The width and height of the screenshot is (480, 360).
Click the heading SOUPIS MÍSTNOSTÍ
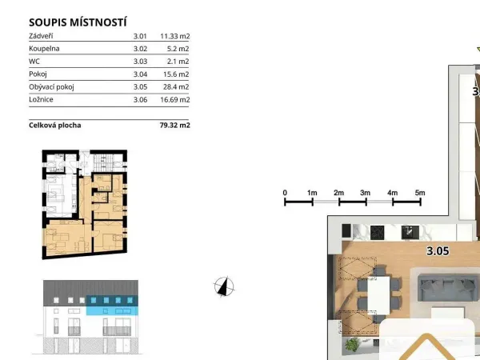point(78,22)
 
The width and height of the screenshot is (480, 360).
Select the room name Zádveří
point(41,36)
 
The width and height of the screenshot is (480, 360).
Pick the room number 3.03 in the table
point(140,62)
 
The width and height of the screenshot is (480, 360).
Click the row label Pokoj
point(38,74)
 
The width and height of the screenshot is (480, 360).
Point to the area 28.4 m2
point(176,86)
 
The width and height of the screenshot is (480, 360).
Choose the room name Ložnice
point(41,99)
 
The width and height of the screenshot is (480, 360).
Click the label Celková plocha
point(55,126)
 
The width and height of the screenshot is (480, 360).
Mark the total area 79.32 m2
point(174,126)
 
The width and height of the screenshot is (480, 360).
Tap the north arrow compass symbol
point(224,287)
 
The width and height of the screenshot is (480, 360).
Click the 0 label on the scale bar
point(285,193)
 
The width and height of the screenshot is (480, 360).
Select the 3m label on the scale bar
point(366,193)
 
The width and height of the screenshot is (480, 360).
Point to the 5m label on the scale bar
point(420,193)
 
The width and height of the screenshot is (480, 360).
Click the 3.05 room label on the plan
point(438,251)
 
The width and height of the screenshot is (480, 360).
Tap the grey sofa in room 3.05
point(447,288)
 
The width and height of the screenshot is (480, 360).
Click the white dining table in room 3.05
point(378,295)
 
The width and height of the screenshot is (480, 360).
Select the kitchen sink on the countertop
point(410,233)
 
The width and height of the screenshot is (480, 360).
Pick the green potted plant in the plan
point(352,344)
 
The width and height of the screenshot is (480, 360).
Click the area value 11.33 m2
point(174,36)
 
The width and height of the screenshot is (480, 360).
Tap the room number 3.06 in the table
point(140,99)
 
